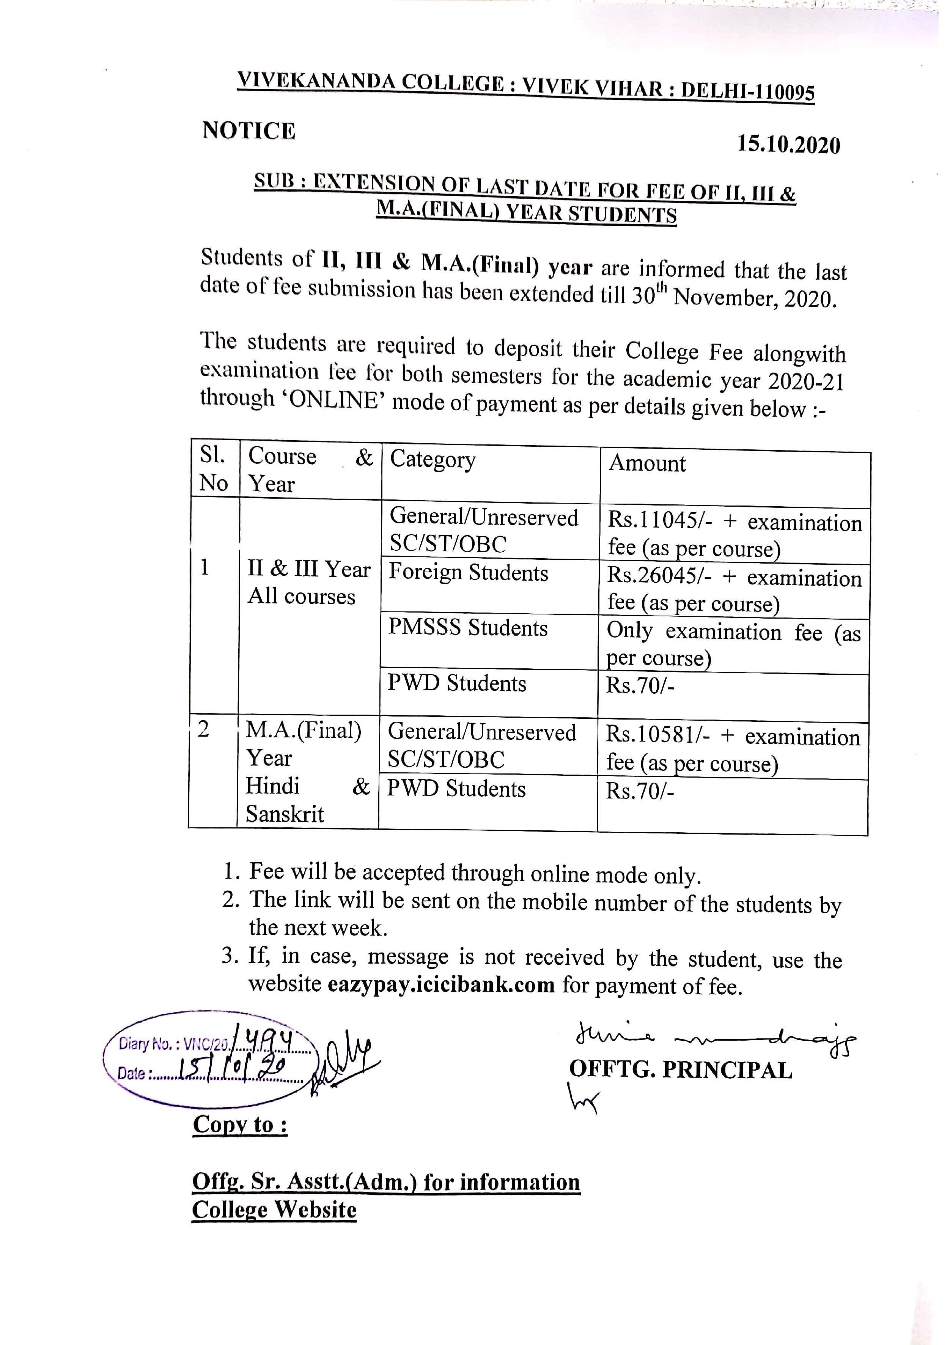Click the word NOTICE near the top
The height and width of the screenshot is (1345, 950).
pyautogui.click(x=249, y=131)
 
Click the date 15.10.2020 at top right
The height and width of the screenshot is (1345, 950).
pyautogui.click(x=788, y=144)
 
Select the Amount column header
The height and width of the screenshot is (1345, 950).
pyautogui.click(x=647, y=463)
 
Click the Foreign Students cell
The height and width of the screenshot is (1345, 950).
pyautogui.click(x=469, y=572)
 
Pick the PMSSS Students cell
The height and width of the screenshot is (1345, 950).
pyautogui.click(x=468, y=627)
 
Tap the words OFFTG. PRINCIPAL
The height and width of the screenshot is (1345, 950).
pyautogui.click(x=681, y=1070)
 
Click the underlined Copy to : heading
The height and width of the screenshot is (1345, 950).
pyautogui.click(x=240, y=1124)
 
